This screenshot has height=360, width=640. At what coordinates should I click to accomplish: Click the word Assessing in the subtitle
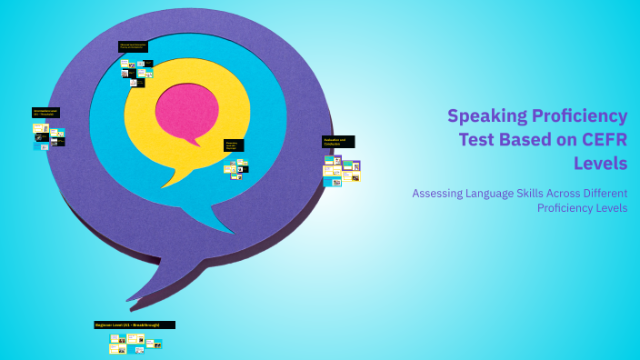coord(441,193)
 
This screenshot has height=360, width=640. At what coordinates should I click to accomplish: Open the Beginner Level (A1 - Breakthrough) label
coord(135,325)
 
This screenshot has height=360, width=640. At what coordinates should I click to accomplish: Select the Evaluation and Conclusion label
coord(338,142)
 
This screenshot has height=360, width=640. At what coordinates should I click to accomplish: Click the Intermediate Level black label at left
coord(45,113)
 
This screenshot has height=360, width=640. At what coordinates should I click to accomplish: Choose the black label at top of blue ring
coord(133,46)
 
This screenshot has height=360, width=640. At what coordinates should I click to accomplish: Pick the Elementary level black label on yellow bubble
coord(234,145)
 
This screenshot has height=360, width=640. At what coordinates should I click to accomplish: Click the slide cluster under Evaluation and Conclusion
coord(342,170)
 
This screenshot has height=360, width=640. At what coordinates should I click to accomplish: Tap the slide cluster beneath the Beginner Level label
coord(135,343)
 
